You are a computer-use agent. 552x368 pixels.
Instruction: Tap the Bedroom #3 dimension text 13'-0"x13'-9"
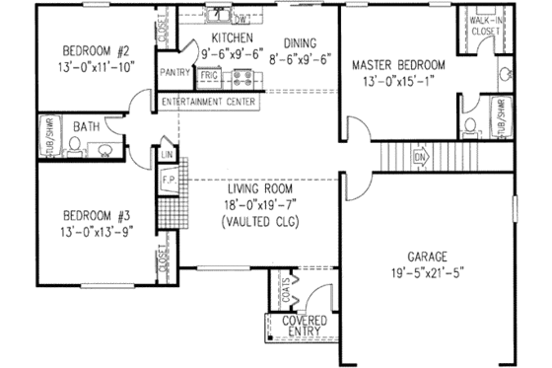[x=86, y=230]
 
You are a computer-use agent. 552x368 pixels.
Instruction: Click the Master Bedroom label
[x=398, y=66]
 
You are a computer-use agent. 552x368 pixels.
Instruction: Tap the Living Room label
[x=264, y=189]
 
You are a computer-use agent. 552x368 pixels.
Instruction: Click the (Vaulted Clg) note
[x=264, y=222]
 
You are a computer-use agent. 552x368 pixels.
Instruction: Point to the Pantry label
[x=174, y=72]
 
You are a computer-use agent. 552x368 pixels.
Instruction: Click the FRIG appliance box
[x=209, y=74]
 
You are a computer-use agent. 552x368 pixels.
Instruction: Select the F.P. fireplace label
[x=167, y=181]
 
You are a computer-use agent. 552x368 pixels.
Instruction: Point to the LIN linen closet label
[x=167, y=154]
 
